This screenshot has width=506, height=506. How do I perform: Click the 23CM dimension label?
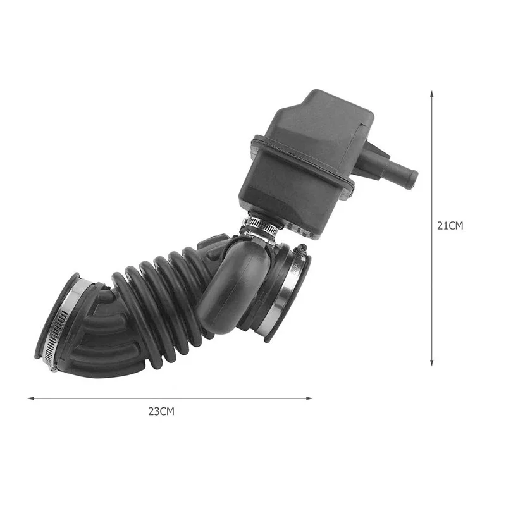coord(161,412)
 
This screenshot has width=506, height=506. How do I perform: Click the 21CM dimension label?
coord(450,226)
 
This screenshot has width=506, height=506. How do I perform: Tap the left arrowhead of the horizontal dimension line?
coord(30,398)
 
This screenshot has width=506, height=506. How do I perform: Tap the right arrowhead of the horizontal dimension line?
coord(309,398)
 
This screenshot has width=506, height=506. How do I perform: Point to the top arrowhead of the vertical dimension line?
coord(432,94)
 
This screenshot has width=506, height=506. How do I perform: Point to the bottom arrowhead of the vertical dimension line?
coord(432,362)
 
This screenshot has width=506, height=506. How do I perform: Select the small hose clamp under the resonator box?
coord(261,226)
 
